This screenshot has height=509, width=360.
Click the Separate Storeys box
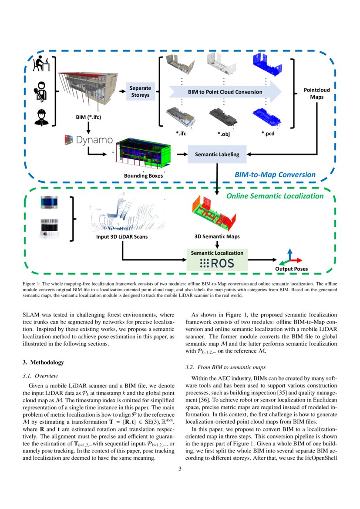pyautogui.click(x=140, y=91)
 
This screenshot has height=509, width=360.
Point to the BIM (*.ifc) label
pyautogui.click(x=88, y=117)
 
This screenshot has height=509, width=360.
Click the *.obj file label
pyautogui.click(x=224, y=134)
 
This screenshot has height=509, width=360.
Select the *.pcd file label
pyautogui.click(x=267, y=133)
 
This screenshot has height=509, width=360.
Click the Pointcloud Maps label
pyautogui.click(x=316, y=94)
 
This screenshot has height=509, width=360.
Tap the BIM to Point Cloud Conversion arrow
pyautogui.click(x=225, y=92)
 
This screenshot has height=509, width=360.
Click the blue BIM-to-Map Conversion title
pyautogui.click(x=275, y=175)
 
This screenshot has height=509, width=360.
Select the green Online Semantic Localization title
pyautogui.click(x=275, y=196)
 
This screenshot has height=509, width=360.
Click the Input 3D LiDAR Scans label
pyautogui.click(x=122, y=237)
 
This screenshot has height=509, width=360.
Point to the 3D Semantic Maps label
pyautogui.click(x=217, y=237)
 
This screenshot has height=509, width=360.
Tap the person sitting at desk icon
pyautogui.click(x=42, y=65)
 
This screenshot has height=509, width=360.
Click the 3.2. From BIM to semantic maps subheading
pyautogui.click(x=222, y=367)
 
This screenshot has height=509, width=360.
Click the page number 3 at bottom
pyautogui.click(x=180, y=469)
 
